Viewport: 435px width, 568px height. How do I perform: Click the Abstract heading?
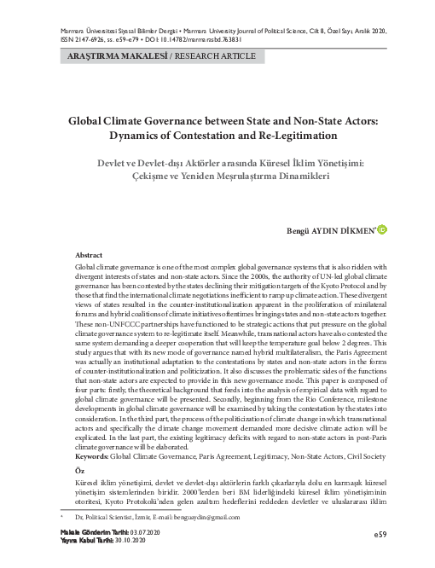point(90,255)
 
